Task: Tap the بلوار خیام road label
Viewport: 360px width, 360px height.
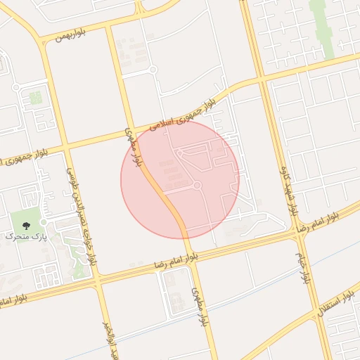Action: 302,267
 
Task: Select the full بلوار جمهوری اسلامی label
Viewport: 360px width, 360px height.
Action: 184,115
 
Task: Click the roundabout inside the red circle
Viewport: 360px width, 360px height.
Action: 198,186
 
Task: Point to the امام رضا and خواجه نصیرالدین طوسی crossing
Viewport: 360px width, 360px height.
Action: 96,277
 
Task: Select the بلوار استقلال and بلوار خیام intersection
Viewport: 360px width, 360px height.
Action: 314,310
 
